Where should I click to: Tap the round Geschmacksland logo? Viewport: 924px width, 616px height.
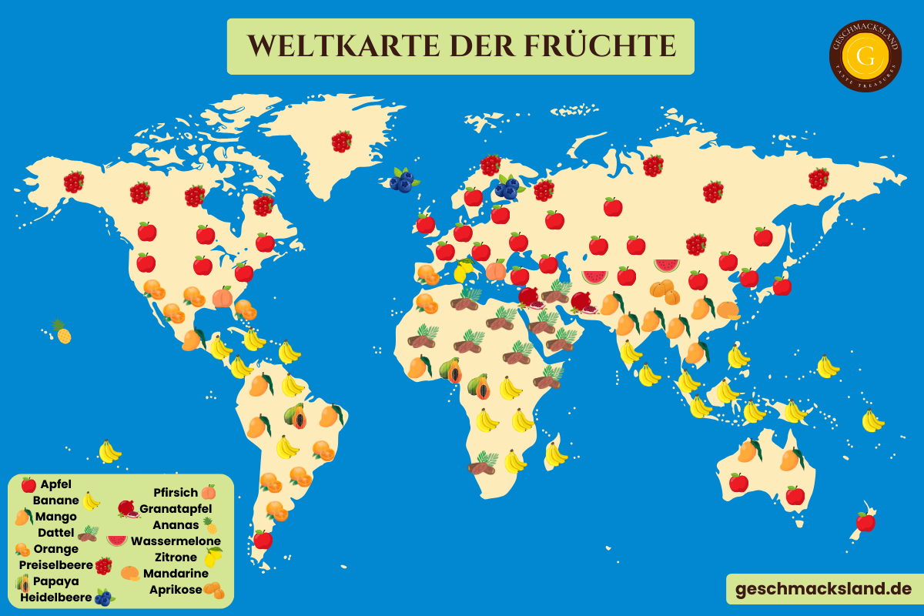865,55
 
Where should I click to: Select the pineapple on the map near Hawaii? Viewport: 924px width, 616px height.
61,332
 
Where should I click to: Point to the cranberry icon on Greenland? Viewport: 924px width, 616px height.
342,141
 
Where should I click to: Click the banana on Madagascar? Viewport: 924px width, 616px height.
555,454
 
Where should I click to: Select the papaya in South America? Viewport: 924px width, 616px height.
296,416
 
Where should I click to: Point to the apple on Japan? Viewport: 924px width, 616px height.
782,286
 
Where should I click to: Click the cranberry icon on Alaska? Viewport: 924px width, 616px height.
74,182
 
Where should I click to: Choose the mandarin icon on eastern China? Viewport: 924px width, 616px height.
728,310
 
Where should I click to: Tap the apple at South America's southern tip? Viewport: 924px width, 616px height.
263,539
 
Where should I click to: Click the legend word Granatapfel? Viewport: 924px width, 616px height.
176,509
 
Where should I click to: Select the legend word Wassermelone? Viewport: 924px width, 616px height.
176,541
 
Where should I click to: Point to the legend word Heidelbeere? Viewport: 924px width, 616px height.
56,597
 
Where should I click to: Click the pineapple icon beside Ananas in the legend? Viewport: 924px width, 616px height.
209,525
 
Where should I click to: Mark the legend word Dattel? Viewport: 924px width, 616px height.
56,532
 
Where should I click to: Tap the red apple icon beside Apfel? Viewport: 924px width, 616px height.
28,484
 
